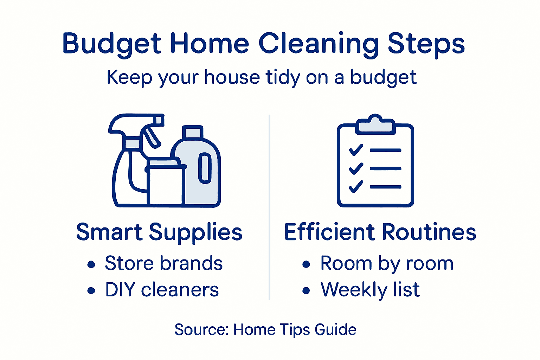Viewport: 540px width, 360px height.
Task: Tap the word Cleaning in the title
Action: (x=319, y=44)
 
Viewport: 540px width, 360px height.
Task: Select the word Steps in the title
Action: (x=426, y=44)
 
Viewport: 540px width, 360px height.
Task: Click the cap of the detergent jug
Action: (x=192, y=132)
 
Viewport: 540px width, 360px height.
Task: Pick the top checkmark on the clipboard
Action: (x=356, y=150)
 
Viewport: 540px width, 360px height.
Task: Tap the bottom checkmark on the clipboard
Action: (x=356, y=186)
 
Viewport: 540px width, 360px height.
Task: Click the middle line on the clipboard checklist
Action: (x=385, y=169)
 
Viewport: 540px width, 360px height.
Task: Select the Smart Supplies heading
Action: (x=159, y=232)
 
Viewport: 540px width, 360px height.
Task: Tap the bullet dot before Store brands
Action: (x=91, y=264)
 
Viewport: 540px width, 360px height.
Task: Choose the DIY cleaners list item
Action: (x=162, y=290)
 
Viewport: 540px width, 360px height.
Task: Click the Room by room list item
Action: (x=387, y=264)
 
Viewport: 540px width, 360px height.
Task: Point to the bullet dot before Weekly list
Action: (x=306, y=291)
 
